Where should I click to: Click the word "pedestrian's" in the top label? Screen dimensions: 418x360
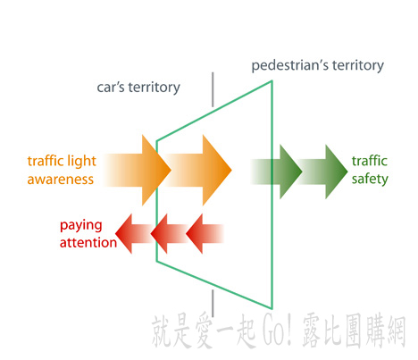(290, 65)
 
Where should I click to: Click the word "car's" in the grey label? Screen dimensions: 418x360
(111, 88)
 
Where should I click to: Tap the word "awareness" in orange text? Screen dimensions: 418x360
(61, 180)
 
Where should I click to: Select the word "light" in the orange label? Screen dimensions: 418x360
(81, 162)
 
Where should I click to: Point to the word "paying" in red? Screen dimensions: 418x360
(81, 226)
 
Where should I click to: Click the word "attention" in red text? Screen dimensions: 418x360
(88, 243)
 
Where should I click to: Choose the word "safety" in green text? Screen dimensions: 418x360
(370, 180)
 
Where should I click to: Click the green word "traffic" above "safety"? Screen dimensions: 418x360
(370, 161)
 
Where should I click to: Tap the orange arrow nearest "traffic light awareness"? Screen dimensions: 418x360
(138, 170)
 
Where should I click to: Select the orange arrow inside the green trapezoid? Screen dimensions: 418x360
(197, 170)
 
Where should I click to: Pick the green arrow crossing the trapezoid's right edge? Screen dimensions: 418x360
(276, 172)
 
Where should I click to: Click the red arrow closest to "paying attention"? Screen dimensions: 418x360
(134, 234)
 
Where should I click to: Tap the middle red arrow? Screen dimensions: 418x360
(169, 234)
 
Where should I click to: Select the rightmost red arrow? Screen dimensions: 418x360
(205, 234)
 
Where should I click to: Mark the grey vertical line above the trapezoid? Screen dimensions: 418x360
(213, 89)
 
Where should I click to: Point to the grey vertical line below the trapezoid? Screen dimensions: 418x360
(213, 303)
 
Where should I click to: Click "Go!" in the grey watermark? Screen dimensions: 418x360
(277, 331)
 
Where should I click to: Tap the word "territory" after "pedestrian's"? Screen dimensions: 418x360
(358, 65)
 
